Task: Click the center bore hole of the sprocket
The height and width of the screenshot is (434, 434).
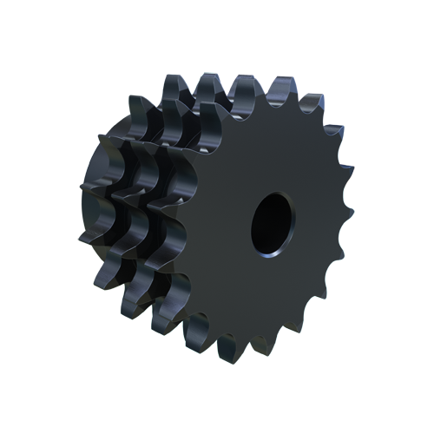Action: coord(272,221)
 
